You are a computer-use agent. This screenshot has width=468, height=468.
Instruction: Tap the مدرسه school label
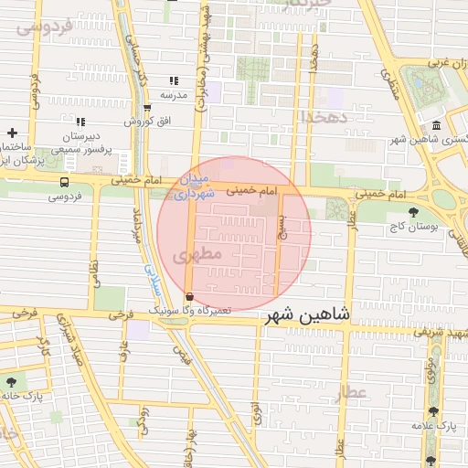coord(174,94)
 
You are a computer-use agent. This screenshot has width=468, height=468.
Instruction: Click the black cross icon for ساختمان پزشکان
coord(12,133)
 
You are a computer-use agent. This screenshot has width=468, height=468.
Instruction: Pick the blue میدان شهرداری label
coord(196,186)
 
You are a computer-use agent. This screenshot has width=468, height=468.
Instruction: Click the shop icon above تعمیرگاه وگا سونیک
coord(189,296)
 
